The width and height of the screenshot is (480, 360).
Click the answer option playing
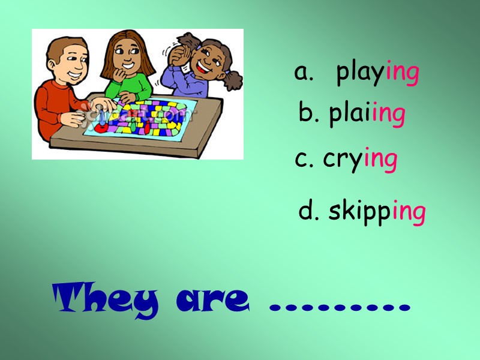pyautogui.click(x=377, y=74)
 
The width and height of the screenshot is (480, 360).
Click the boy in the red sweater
pyautogui.click(x=60, y=90)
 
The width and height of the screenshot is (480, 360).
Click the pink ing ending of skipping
pyautogui.click(x=409, y=212)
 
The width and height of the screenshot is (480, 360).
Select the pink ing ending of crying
pyautogui.click(x=380, y=160)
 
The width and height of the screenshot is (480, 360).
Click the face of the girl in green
pyautogui.click(x=127, y=57)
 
